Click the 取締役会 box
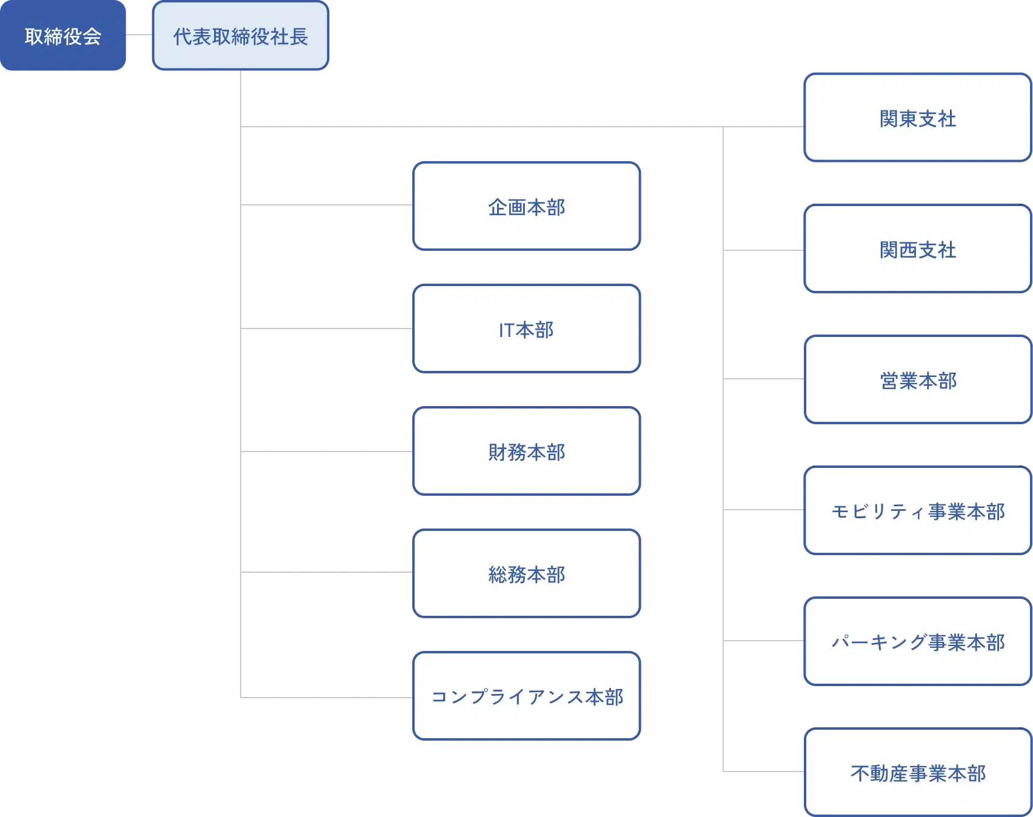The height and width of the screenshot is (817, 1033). (62, 36)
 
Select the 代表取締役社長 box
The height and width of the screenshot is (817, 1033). (241, 36)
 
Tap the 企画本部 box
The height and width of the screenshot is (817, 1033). (526, 207)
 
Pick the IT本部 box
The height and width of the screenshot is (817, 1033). (526, 329)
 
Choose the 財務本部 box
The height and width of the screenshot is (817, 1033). (526, 452)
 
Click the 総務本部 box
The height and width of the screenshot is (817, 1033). (526, 574)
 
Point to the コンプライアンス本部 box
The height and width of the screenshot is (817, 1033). (526, 696)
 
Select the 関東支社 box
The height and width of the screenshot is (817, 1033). (918, 118)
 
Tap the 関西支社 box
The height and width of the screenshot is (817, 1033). (918, 249)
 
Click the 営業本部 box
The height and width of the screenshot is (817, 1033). (918, 380)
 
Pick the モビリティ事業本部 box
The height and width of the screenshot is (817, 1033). (918, 511)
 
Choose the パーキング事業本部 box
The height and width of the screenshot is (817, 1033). (918, 642)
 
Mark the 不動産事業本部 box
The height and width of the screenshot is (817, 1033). (918, 773)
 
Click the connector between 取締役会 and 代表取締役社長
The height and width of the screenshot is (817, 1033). (139, 36)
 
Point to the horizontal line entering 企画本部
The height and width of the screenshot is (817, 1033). (327, 207)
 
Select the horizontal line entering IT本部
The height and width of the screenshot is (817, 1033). (327, 327)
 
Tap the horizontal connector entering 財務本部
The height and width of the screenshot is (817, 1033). (327, 453)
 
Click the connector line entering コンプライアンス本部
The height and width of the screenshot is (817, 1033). (327, 695)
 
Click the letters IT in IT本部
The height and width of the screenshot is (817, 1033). (506, 330)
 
